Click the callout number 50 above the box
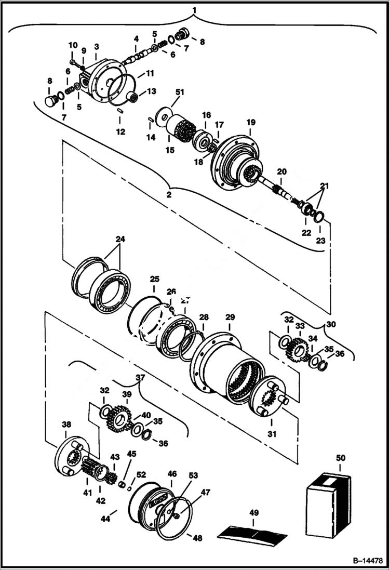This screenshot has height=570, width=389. [x=341, y=458]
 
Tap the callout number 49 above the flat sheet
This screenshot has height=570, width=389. [x=253, y=513]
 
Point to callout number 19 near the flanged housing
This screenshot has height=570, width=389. [x=251, y=122]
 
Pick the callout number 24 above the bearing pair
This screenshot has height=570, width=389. [x=120, y=240]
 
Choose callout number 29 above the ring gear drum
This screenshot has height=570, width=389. [x=230, y=317]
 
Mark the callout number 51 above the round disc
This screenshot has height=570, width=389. [x=180, y=92]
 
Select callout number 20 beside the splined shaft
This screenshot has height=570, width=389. [x=281, y=172]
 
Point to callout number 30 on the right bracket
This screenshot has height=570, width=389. [x=331, y=323]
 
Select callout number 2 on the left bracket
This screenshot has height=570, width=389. [x=168, y=195]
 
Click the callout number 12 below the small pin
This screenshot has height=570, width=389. [x=120, y=132]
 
